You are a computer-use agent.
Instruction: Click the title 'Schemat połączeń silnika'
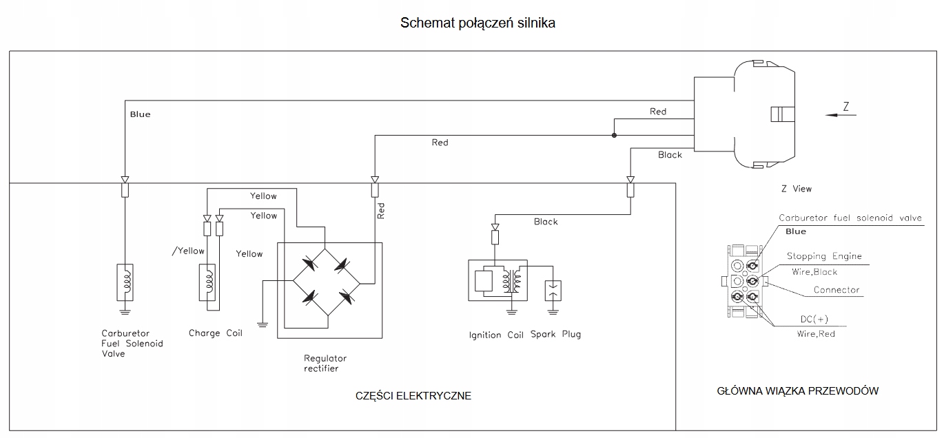coord(478,23)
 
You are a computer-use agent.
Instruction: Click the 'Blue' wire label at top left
coord(140,114)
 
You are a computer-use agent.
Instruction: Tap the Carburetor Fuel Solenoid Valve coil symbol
coord(125,282)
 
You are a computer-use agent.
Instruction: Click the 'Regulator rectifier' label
coord(325,363)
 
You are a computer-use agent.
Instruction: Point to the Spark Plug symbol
coord(553,291)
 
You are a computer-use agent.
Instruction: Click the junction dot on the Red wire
coord(613,135)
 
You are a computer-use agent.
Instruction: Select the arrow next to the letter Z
coord(841,116)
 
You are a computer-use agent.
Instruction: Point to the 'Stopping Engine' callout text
coord(824,256)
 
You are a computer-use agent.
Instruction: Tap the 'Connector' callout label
coord(836,290)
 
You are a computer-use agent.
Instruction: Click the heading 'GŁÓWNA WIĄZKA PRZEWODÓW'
coord(797,391)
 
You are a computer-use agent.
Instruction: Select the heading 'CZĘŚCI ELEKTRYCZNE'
coord(413,396)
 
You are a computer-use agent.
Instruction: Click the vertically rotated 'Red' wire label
coord(381,211)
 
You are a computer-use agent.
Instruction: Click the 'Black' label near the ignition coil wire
coord(546,222)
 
